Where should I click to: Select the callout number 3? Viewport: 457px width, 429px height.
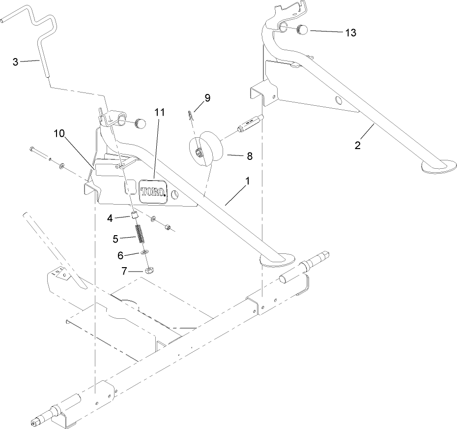point(16,61)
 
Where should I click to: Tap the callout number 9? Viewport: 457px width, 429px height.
point(207,98)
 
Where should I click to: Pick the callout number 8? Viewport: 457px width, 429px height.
point(249,156)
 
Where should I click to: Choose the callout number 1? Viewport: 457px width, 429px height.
point(248,181)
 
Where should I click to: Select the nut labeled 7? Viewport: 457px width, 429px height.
point(150,270)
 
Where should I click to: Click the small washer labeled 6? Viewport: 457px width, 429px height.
point(144,253)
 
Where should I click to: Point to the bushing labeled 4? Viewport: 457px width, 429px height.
point(133,214)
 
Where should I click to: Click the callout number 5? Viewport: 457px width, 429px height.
point(116,239)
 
